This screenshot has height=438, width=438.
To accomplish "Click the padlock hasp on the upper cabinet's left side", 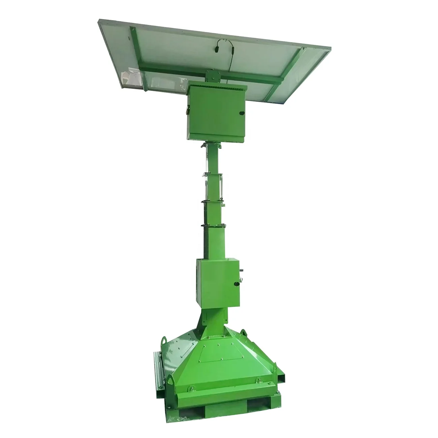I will tap(186, 110).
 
